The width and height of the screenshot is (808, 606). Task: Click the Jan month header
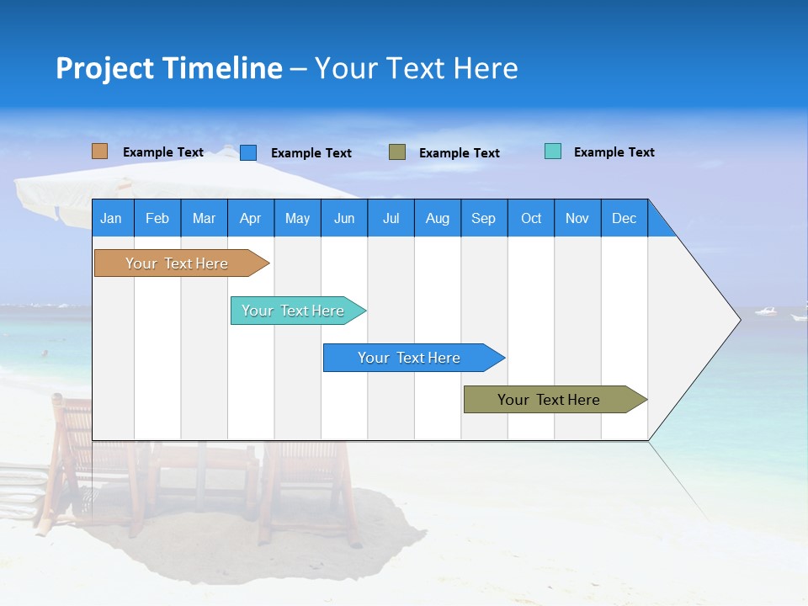coord(111,218)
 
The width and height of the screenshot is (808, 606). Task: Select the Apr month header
coord(250,218)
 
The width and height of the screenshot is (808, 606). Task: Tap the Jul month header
coord(391,218)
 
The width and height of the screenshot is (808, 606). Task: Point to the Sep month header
coord(483,218)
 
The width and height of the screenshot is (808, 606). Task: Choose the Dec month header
coord(624,218)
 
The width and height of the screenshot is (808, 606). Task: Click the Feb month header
coord(157,218)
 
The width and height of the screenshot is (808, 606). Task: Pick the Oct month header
coord(531,218)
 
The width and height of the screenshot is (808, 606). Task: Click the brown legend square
coord(99,151)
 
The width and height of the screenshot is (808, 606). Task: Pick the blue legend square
coord(248,152)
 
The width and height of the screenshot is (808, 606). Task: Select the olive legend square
coord(397,152)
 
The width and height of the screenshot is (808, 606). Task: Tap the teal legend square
coord(552,151)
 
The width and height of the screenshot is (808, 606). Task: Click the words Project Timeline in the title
coord(168,68)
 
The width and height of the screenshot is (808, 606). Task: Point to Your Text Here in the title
coord(416,68)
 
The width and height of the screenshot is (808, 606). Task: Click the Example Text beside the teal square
coord(614,152)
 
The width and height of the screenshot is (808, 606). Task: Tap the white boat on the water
coord(766,311)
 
